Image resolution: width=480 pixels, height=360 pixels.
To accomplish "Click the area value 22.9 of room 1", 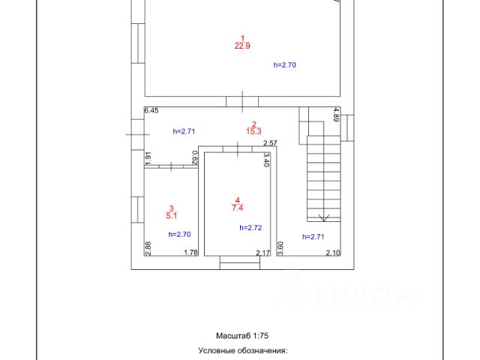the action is (x=242, y=46).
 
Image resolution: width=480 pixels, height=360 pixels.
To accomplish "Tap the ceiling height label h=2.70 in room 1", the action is (x=285, y=65).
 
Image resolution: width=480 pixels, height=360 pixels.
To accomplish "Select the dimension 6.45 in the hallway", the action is (x=151, y=111).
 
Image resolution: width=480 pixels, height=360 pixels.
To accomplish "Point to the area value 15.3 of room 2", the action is (x=253, y=132).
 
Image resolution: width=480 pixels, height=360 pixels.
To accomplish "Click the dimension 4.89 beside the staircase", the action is (x=336, y=115).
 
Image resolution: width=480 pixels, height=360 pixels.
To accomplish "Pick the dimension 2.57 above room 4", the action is (x=270, y=143).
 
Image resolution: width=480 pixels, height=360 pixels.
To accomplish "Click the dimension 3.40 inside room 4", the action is (x=266, y=159).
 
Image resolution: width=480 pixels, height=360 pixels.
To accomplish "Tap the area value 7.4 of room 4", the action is (x=238, y=207).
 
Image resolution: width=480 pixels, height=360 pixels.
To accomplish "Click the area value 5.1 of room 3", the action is (x=172, y=216).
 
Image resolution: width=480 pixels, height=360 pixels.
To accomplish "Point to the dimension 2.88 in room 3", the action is (x=148, y=248).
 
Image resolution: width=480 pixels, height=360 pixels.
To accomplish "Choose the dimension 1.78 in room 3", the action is (x=191, y=253).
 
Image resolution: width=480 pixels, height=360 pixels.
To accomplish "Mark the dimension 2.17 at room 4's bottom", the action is (x=262, y=253).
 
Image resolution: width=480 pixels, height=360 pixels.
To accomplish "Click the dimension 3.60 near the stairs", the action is (x=280, y=248).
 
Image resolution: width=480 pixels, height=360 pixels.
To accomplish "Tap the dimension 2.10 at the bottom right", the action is (x=333, y=253).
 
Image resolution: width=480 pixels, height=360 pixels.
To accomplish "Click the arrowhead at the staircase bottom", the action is (x=325, y=218).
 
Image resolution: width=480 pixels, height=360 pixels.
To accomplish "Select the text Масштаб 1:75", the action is (x=241, y=335).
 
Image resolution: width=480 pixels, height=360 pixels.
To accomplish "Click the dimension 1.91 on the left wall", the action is (x=148, y=158).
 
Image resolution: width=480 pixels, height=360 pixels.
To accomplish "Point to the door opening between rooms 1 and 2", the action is (x=242, y=100).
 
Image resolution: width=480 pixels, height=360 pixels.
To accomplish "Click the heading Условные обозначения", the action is (x=242, y=350).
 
